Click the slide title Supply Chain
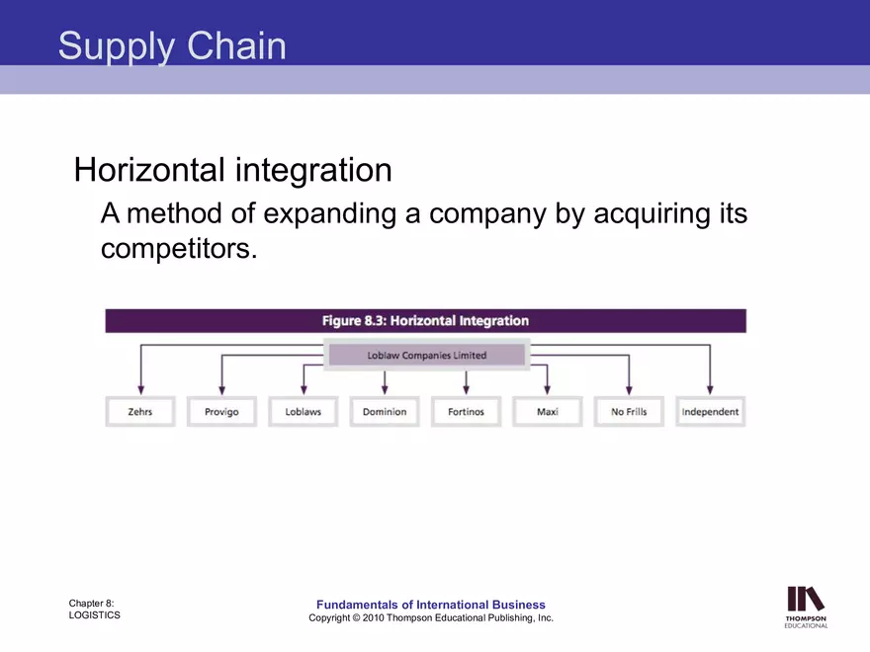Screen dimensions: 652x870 tap(172, 46)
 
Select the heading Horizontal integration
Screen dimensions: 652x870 tap(233, 170)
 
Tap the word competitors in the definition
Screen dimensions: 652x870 tap(178, 248)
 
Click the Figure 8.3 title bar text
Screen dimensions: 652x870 tap(425, 321)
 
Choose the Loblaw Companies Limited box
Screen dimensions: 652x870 tap(427, 356)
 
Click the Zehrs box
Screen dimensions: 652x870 tap(140, 412)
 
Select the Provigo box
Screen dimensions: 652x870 tap(221, 412)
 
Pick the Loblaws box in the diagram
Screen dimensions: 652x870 tap(303, 412)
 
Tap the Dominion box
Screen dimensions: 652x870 tap(385, 412)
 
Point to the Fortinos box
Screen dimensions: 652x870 tap(466, 412)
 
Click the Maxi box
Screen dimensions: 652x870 tap(547, 412)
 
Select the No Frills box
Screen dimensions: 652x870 tap(629, 412)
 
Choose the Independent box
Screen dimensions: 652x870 tap(710, 412)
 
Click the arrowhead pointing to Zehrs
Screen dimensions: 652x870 tap(140, 388)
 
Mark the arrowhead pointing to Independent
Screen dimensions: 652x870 tap(710, 388)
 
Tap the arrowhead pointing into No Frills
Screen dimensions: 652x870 tap(629, 388)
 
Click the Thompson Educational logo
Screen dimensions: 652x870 tap(806, 606)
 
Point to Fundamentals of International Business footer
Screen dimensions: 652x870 tap(430, 605)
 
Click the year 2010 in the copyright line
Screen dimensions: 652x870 tap(372, 618)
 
